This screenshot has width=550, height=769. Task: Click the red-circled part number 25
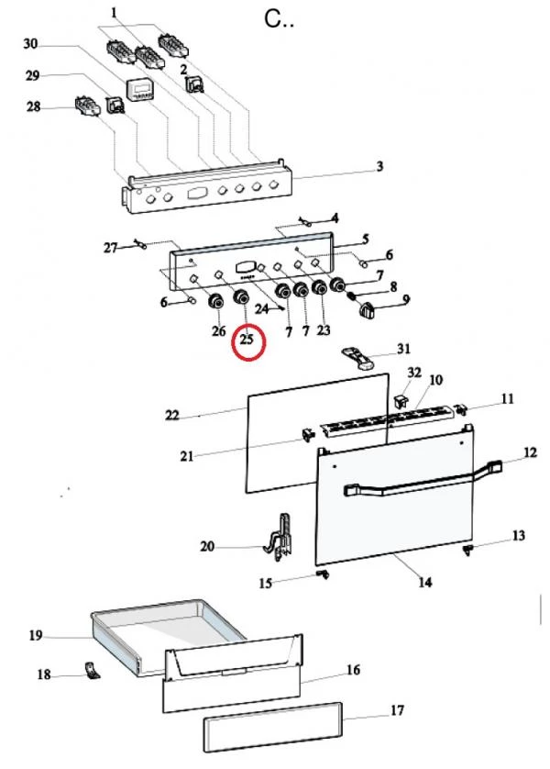[x=247, y=339]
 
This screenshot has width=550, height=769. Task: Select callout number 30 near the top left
[x=30, y=44]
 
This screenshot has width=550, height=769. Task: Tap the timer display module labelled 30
[x=139, y=91]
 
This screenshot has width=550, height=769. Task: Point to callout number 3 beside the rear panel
[x=379, y=166]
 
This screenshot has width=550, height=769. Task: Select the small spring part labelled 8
[x=352, y=295]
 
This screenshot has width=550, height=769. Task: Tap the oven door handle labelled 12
[x=423, y=478]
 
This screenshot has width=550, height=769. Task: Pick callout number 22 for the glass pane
[x=172, y=415]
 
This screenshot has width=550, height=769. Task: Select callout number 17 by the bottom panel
[x=397, y=709]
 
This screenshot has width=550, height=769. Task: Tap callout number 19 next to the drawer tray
[x=35, y=636]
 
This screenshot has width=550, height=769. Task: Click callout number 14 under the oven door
[x=425, y=582]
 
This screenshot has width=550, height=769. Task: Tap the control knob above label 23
[x=319, y=288]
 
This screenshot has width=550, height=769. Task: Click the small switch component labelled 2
[x=195, y=84]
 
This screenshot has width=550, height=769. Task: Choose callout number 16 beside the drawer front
[x=353, y=670]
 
